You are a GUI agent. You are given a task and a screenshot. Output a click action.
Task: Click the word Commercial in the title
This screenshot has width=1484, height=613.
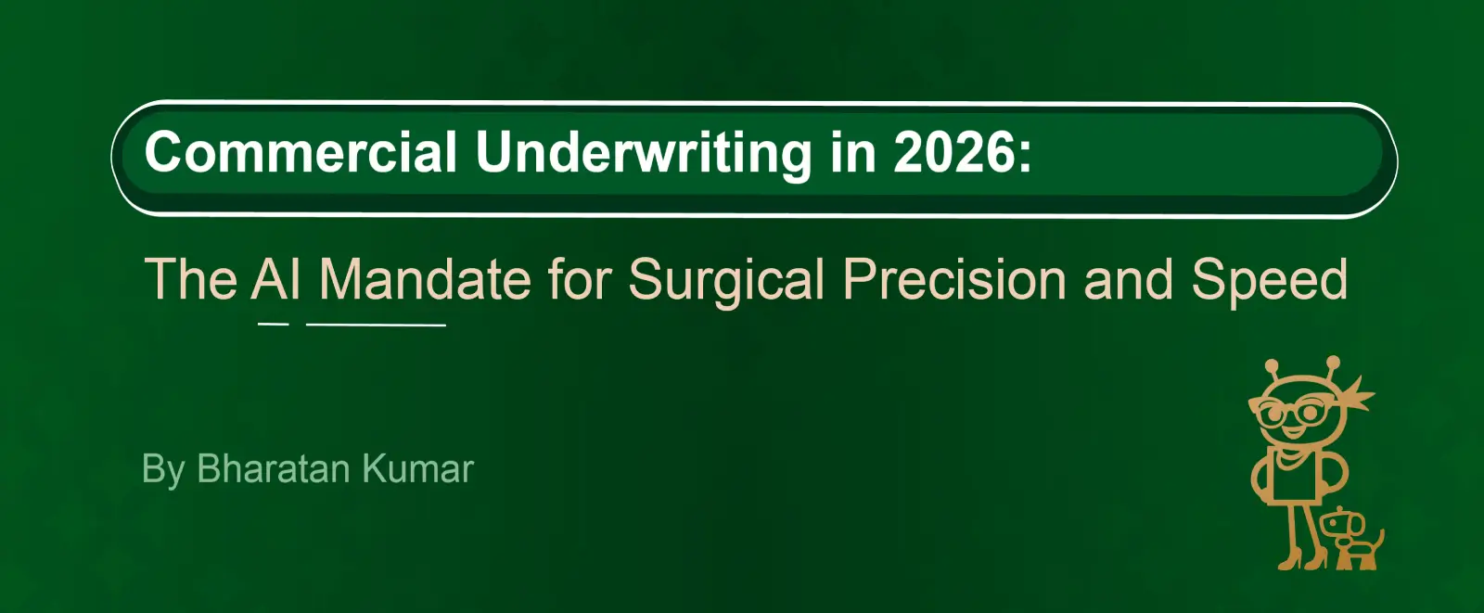[x=301, y=152]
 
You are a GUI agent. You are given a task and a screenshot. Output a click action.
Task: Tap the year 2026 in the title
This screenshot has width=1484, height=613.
[x=953, y=152]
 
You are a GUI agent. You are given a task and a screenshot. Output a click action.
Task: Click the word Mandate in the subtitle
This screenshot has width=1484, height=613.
[x=425, y=279]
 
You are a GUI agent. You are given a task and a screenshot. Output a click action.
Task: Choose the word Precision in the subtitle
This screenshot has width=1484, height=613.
[x=954, y=279]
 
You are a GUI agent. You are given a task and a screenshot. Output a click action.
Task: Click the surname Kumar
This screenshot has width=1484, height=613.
[x=418, y=468]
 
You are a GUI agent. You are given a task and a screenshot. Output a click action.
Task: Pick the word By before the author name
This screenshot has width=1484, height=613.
[x=163, y=471]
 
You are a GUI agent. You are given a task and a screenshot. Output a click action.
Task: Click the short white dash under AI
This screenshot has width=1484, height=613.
[x=273, y=324]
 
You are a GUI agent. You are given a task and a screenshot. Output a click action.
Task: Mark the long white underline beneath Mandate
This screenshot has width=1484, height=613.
[x=376, y=325]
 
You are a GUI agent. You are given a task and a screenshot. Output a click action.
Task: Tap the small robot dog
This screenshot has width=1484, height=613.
[x=1351, y=538]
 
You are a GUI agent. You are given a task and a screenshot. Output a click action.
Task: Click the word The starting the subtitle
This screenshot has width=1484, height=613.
[x=191, y=279]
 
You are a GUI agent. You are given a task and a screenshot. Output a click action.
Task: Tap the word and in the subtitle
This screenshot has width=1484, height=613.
[x=1128, y=279]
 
